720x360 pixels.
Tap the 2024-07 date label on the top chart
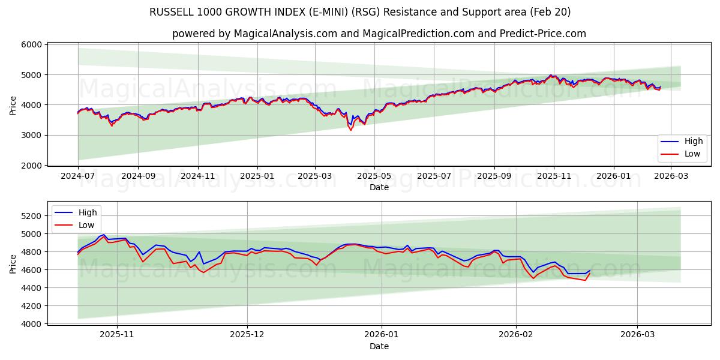78,176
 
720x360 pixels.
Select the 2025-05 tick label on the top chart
374,176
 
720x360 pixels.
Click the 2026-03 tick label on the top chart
671,176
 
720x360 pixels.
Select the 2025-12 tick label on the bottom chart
247,335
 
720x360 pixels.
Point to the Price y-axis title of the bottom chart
13,264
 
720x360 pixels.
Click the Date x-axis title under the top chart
379,187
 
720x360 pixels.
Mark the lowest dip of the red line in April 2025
351,130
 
